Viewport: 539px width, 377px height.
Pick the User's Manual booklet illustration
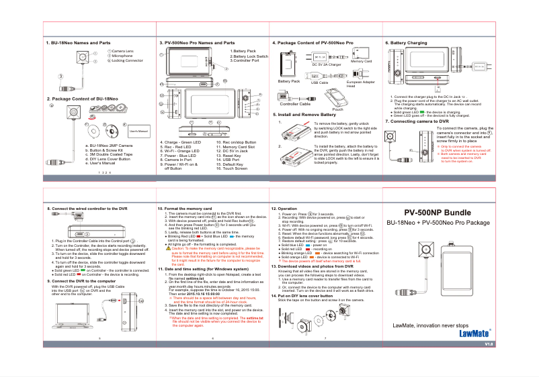pos(138,131)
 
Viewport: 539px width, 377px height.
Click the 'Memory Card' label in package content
pos(362,62)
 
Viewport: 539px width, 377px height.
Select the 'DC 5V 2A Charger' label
pos(327,64)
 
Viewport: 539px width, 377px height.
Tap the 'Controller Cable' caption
pos(294,105)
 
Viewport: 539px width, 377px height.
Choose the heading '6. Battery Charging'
pos(406,43)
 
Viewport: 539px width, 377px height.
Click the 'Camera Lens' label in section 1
pos(123,51)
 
